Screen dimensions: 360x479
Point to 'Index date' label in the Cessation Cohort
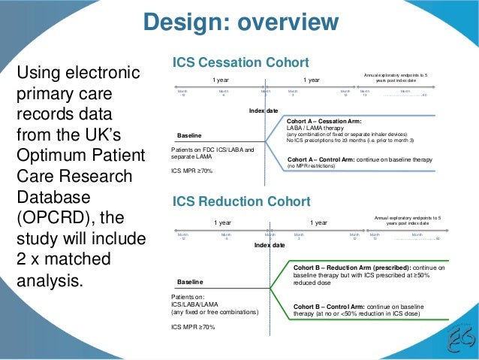point(263,111)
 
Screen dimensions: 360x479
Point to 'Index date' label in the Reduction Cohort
point(270,246)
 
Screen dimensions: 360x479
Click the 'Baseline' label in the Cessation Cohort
point(189,136)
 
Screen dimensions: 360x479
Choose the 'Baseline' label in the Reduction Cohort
point(189,282)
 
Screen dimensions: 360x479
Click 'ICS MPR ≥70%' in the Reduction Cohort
point(193,328)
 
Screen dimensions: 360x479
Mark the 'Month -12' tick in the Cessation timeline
point(182,93)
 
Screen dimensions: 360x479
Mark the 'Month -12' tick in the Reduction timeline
point(182,237)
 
